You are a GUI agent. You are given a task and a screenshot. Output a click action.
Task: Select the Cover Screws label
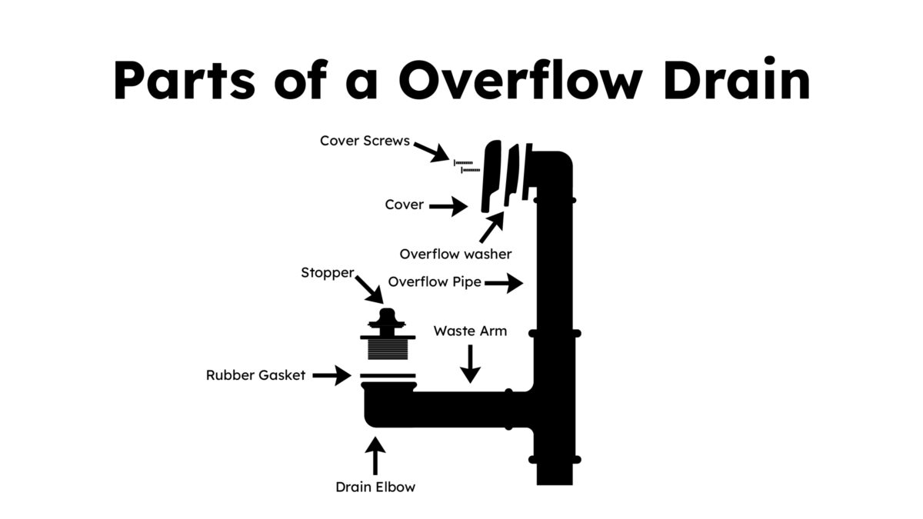[x=365, y=141]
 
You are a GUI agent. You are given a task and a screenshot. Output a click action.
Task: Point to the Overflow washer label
[x=455, y=253]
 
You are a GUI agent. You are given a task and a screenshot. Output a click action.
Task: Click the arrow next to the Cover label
[x=448, y=205]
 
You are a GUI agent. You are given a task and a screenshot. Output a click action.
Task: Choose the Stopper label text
[x=328, y=272]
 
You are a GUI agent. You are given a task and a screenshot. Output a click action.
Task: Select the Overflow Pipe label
[x=435, y=281]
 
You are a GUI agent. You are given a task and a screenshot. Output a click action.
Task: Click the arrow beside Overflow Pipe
[x=504, y=283]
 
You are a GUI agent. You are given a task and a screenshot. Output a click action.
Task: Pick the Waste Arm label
[x=470, y=331]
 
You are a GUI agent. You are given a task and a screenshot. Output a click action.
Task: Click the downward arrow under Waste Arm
[x=470, y=364]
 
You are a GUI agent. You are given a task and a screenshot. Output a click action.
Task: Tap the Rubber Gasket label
[x=255, y=375]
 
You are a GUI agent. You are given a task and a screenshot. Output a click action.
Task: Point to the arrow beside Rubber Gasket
[x=332, y=376]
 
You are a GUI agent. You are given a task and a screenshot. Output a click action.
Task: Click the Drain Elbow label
[x=375, y=487]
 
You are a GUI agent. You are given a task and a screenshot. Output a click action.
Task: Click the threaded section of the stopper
[x=387, y=351]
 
